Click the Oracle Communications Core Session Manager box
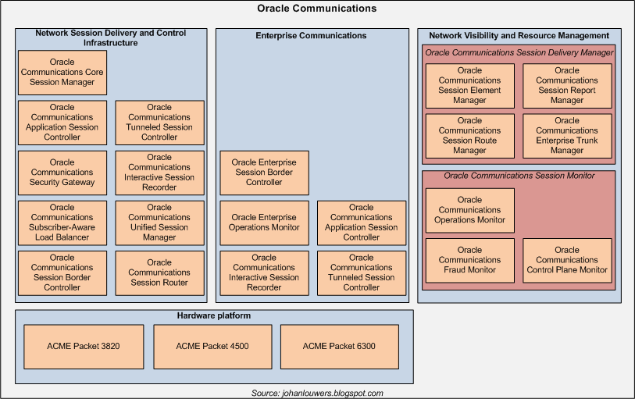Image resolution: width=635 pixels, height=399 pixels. [x=62, y=73]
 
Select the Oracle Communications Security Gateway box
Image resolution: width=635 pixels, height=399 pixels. [x=62, y=173]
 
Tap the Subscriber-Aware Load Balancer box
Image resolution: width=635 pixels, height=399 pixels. [x=62, y=223]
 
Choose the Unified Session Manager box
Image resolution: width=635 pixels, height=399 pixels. [x=159, y=223]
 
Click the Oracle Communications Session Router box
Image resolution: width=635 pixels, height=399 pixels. [x=159, y=273]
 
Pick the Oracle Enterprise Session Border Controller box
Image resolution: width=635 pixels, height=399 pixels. [x=264, y=173]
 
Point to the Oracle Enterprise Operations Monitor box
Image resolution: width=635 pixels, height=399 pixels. [x=264, y=223]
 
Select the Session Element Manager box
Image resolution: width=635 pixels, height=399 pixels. [x=469, y=85]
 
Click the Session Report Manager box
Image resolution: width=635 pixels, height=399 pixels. [x=567, y=85]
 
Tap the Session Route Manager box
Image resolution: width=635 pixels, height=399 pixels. [x=469, y=135]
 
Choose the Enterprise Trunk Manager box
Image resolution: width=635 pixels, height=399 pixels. [x=567, y=135]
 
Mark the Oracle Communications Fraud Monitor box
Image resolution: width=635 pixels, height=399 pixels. [x=469, y=260]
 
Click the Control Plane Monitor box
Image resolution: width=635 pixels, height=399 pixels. [x=567, y=260]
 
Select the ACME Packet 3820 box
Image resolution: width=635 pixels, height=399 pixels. [x=83, y=346]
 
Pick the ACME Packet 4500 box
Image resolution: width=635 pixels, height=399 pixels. [x=212, y=346]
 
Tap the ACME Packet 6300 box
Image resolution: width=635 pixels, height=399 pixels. [x=339, y=346]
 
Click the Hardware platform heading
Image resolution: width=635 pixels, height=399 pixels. [x=213, y=316]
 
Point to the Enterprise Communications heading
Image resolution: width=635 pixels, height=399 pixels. [x=311, y=36]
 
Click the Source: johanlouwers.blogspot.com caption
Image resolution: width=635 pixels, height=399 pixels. [x=317, y=394]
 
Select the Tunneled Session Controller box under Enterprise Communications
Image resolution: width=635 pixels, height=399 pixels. [x=361, y=273]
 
